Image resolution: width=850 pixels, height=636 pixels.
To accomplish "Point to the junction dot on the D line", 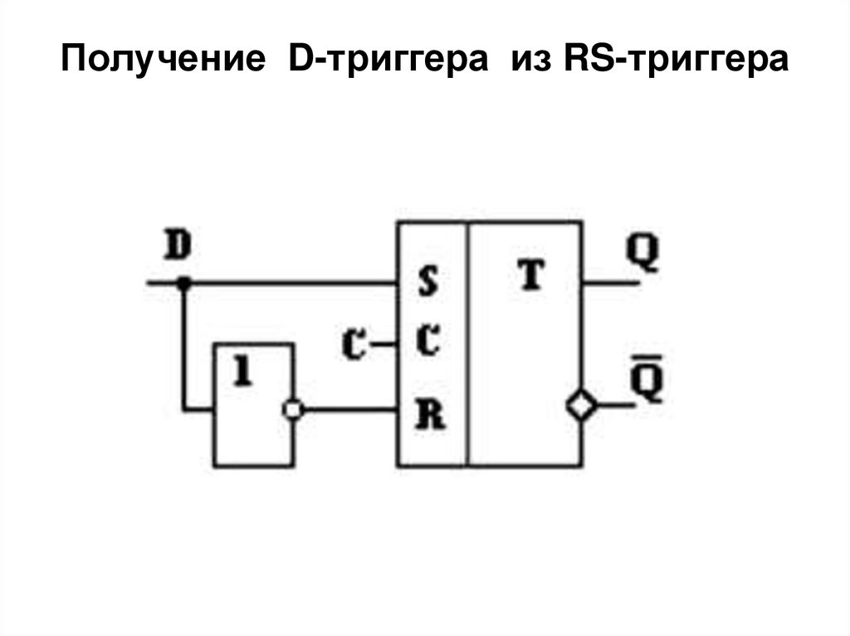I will pos(184,284).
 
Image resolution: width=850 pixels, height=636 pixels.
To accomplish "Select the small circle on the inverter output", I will pos(292,409).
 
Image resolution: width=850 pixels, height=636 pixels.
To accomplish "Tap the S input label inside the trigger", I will pos(427,284).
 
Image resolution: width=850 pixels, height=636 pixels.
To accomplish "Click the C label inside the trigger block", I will pos(427,340).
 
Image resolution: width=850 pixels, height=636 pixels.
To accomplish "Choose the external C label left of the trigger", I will pos(355,343).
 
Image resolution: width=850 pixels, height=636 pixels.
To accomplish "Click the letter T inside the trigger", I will pos(530,277).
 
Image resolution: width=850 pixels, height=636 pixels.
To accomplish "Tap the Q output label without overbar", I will pos(642,252).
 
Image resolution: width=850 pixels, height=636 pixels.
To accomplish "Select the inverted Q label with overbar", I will pos(647,382).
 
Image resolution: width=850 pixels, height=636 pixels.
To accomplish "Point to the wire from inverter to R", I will pos(349,409).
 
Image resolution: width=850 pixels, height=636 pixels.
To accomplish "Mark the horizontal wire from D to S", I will pos(291,284).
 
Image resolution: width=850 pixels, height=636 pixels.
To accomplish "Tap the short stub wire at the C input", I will pos(383,342).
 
